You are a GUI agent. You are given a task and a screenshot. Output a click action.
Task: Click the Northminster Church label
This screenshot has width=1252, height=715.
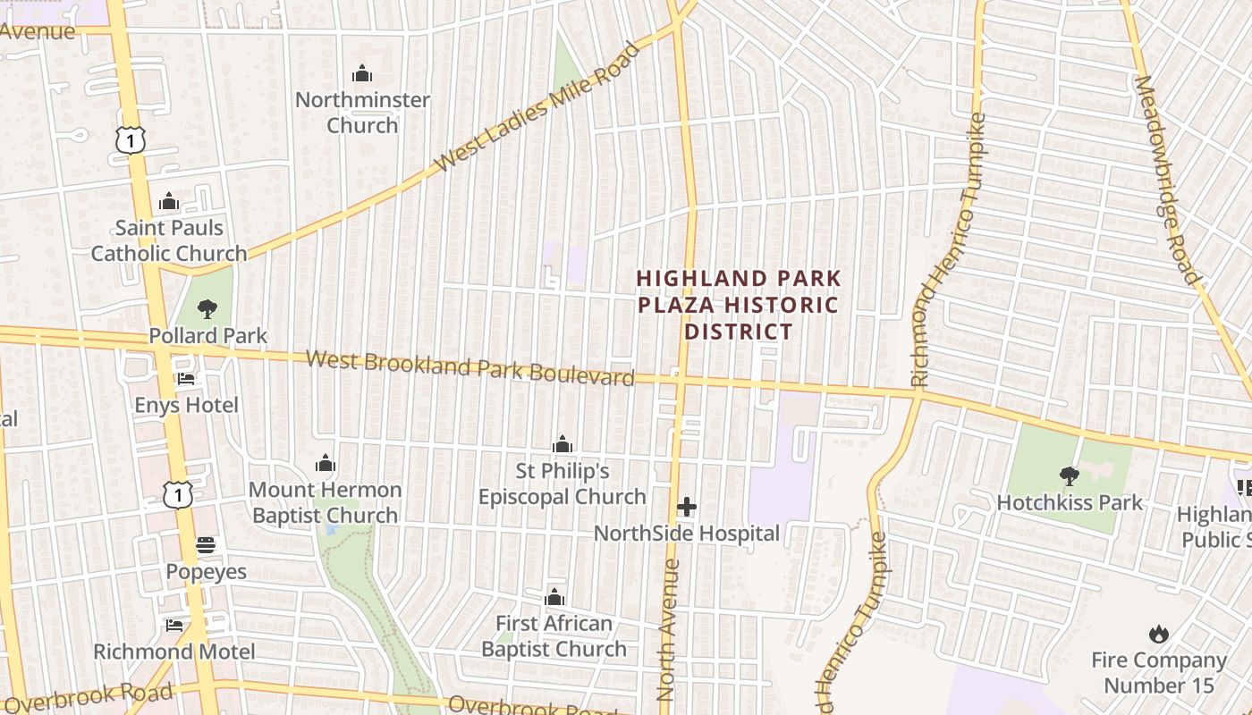click(362, 113)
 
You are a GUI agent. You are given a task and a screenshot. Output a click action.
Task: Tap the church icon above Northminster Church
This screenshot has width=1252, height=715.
click(362, 73)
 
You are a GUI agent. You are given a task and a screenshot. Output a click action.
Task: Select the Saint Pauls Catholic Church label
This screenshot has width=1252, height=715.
click(169, 240)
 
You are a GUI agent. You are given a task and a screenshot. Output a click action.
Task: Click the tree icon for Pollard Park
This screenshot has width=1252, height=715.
click(207, 309)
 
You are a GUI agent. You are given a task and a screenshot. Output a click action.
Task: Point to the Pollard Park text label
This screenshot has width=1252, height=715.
click(207, 336)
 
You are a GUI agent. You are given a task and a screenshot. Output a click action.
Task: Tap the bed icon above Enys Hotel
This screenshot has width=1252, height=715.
click(186, 379)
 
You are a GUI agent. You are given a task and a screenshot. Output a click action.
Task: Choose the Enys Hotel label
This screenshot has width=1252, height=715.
click(186, 406)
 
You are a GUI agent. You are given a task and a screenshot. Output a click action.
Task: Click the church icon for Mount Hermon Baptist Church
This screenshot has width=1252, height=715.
click(326, 463)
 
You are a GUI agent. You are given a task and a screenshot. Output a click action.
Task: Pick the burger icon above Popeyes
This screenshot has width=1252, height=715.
click(206, 545)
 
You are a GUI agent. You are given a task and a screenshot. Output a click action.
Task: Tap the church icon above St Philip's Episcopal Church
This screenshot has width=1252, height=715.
click(563, 444)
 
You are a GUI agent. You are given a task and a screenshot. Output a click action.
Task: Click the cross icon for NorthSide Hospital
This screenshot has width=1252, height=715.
click(687, 508)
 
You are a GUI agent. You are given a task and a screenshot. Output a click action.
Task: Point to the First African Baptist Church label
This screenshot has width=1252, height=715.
click(554, 636)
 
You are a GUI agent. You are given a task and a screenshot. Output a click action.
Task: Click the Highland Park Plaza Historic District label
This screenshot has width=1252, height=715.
click(739, 306)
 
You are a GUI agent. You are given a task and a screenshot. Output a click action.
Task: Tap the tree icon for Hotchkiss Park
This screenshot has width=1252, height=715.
click(1069, 476)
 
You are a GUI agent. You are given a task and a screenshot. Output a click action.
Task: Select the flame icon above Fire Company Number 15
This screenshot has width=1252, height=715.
click(1159, 635)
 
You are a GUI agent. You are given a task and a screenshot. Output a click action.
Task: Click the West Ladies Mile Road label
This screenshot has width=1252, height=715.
click(537, 107)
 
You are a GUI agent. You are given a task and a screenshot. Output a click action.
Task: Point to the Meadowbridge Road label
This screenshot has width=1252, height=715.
click(1166, 179)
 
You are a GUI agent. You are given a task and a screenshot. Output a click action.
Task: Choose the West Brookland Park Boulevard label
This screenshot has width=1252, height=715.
click(470, 368)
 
